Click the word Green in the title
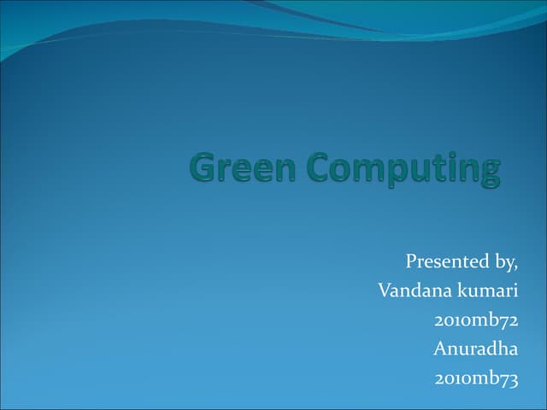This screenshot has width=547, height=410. (x=243, y=167)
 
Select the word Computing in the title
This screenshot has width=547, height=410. (x=403, y=169)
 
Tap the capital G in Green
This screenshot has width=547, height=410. (x=203, y=167)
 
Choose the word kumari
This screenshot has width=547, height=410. (x=488, y=290)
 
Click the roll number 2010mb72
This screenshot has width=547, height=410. (x=476, y=320)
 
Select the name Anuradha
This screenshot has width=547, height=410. (x=475, y=348)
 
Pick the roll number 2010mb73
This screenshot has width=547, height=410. (x=476, y=378)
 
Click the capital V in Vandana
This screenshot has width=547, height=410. (x=384, y=290)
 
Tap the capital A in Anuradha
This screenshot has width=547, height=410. (x=439, y=348)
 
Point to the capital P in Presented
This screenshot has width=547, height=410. (x=411, y=261)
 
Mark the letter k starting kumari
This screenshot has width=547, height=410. (x=462, y=290)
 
